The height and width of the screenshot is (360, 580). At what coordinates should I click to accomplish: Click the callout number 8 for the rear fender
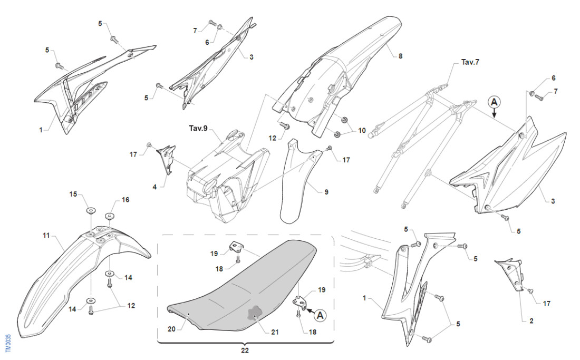[400, 55]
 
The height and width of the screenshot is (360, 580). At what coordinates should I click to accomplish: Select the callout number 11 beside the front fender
[46, 235]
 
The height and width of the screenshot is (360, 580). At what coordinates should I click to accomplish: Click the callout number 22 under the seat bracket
[245, 349]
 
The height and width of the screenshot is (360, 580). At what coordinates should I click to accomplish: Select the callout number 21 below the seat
[275, 333]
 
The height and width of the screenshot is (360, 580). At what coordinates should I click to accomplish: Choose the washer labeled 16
[110, 217]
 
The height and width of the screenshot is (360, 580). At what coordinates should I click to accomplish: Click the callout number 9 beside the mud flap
[326, 192]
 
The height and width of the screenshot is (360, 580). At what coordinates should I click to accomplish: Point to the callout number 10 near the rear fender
[362, 130]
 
